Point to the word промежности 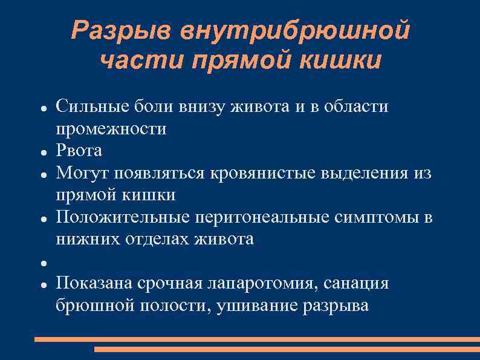tap(111, 129)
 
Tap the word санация tap(357, 284)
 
